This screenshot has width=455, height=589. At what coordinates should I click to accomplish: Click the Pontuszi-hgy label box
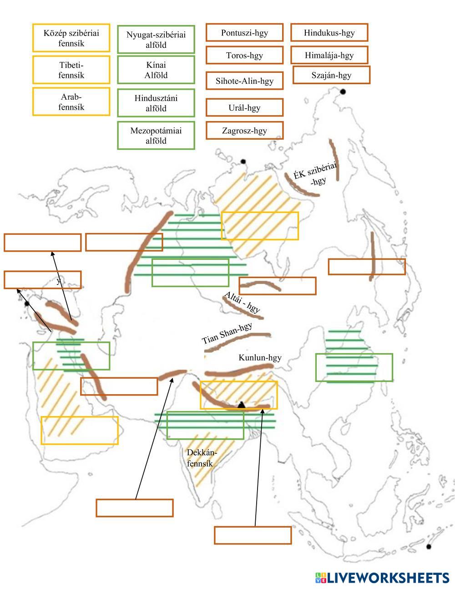[x=244, y=33]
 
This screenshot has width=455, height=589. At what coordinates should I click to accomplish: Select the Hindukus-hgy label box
[x=329, y=33]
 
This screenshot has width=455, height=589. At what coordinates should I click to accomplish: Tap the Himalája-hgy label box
[x=329, y=56]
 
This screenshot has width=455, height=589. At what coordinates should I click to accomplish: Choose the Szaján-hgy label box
[x=331, y=75]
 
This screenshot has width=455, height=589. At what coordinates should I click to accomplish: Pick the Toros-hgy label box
[x=244, y=56]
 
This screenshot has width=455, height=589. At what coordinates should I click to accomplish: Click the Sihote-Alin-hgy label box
[x=244, y=81]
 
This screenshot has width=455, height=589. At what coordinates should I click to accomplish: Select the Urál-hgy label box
[x=244, y=108]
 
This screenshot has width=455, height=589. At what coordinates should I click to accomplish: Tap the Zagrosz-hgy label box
[x=244, y=131]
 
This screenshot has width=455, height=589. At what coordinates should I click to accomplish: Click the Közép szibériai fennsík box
[x=71, y=38]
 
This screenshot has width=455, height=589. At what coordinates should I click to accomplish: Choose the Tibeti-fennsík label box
[x=71, y=70]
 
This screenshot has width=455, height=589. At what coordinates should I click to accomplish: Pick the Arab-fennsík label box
[x=71, y=102]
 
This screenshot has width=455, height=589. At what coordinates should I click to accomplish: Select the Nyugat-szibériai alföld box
[x=156, y=40]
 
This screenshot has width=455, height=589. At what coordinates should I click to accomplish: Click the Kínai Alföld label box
[x=156, y=70]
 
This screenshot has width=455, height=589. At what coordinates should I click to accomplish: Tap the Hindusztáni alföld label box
[x=156, y=103]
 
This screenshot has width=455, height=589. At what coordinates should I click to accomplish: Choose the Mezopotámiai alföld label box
[x=156, y=136]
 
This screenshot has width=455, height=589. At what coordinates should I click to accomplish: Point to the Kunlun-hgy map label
[x=260, y=358]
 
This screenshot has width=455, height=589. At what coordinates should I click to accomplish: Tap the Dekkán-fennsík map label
[x=202, y=458]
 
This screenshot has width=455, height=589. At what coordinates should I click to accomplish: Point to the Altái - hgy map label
[x=242, y=302]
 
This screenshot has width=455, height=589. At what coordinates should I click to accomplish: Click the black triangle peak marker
[x=241, y=404]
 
